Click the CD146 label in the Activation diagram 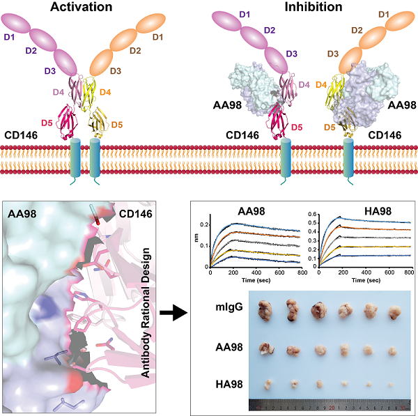coord(24,132)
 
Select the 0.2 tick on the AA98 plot coord(204,224)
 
